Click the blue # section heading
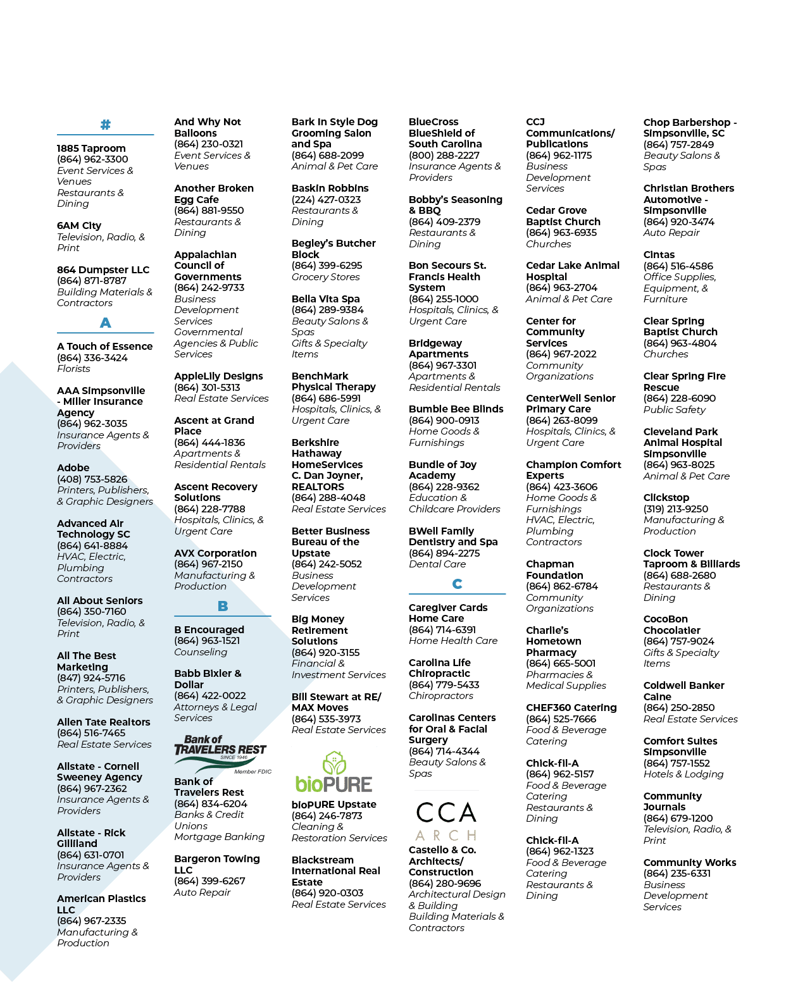point(106,125)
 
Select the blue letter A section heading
point(106,323)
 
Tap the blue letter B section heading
point(223,606)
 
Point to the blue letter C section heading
point(457,584)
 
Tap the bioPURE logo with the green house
point(334,772)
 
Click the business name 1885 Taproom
point(91,149)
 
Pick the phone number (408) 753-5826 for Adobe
point(92,479)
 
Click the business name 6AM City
point(79,226)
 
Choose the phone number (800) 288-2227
point(444,156)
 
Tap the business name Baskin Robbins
point(330,188)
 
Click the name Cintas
point(659,254)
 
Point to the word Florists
point(73,368)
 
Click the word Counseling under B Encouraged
point(201,652)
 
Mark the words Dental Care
point(437,564)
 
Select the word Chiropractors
point(441,695)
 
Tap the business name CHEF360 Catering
point(571,707)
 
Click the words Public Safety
point(675,409)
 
